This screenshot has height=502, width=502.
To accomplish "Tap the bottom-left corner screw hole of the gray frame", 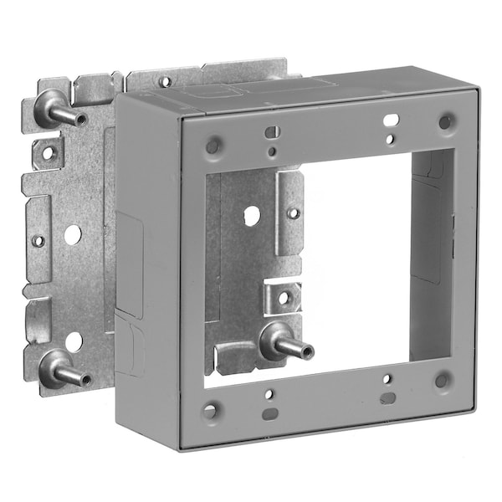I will pos(211,410).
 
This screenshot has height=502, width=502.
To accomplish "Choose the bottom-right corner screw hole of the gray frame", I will pos(441,380).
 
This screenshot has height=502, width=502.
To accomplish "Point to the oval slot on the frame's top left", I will pos(271,131).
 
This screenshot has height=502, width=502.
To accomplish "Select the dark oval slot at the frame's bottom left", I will pos(269,413).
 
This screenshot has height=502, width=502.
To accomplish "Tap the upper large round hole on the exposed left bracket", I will pos(73,235).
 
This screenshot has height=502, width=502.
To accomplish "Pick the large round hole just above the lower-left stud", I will pos(74,341).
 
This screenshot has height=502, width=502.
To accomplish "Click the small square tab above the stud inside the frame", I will pos(283,297).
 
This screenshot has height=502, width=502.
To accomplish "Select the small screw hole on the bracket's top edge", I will pos(166,82).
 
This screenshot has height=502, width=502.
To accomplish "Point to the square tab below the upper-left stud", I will pos(48,151).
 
